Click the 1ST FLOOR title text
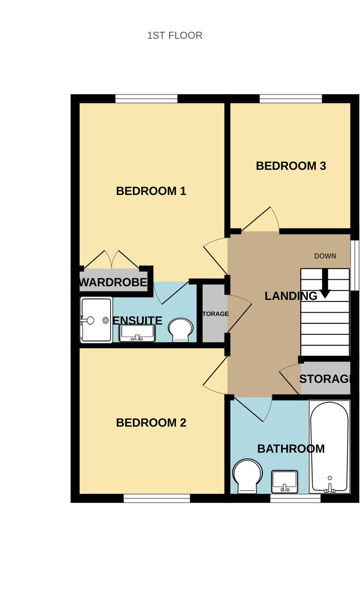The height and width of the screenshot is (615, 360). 175,35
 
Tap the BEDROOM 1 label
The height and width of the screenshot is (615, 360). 151,191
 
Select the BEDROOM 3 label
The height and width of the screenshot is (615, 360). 291,166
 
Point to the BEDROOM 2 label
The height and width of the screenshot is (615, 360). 151,423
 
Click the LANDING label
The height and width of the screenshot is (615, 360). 291,296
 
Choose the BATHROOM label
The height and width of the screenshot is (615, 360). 291,449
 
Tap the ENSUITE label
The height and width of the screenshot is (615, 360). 137,320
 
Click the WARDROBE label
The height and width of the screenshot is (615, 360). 113,283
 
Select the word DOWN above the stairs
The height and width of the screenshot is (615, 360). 325,256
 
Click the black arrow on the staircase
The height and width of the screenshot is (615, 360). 325,285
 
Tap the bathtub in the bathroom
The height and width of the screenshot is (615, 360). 329,447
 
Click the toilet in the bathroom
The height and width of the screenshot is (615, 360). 247,476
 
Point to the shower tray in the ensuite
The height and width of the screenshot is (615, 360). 96,320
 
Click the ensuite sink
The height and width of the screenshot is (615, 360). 137,333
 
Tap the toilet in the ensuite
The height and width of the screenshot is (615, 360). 181,329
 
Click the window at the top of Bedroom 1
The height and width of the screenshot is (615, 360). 146,99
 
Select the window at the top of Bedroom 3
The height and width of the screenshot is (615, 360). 291,99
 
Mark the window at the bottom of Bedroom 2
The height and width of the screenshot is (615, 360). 157,498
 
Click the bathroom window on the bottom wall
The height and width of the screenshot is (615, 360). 295,498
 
